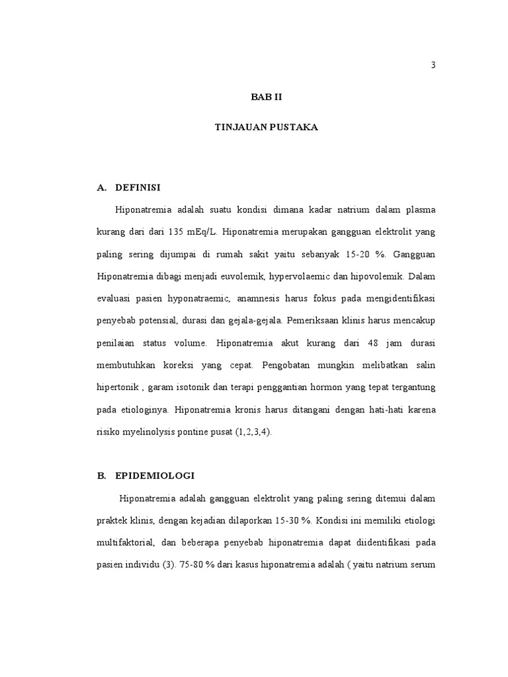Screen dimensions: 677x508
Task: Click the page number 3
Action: [433, 65]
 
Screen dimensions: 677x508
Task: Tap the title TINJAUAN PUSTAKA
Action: [267, 127]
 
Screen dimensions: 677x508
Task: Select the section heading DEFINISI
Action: [138, 188]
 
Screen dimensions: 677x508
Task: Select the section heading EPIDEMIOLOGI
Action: [155, 475]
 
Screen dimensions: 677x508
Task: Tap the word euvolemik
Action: [260, 276]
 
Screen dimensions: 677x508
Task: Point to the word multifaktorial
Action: [126, 543]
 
